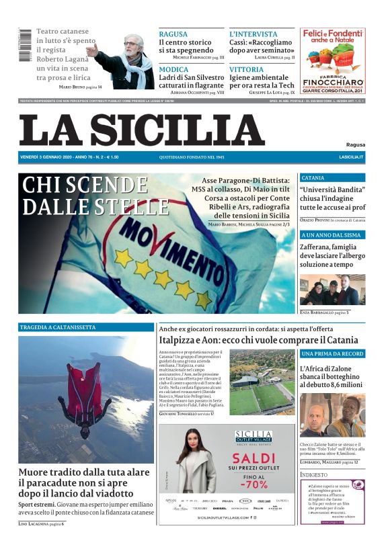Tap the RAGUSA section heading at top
(173, 34)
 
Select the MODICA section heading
(173, 69)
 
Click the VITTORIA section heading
(246, 69)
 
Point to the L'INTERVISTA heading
(253, 34)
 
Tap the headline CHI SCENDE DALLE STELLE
(85, 195)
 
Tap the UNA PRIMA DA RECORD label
(332, 353)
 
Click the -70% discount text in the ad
(253, 483)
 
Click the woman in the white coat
(195, 470)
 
